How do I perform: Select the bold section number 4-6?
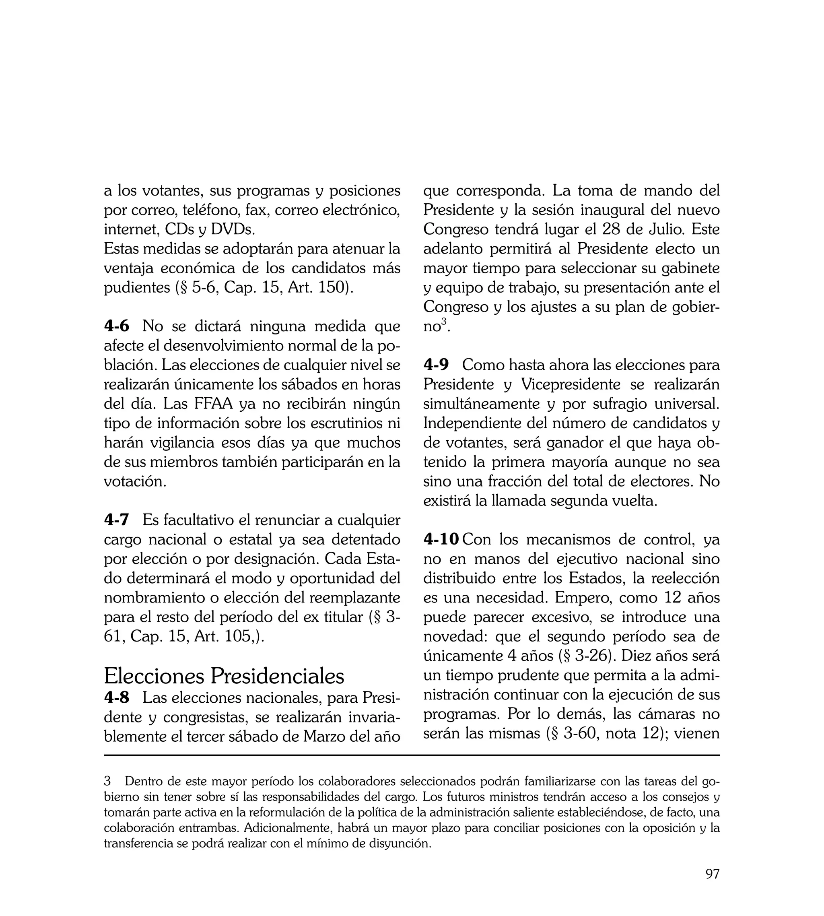[x=116, y=326]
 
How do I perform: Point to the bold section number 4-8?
[x=116, y=698]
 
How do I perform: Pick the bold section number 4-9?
[x=436, y=365]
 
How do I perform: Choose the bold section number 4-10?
[x=441, y=539]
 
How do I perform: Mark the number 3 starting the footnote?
[x=107, y=781]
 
